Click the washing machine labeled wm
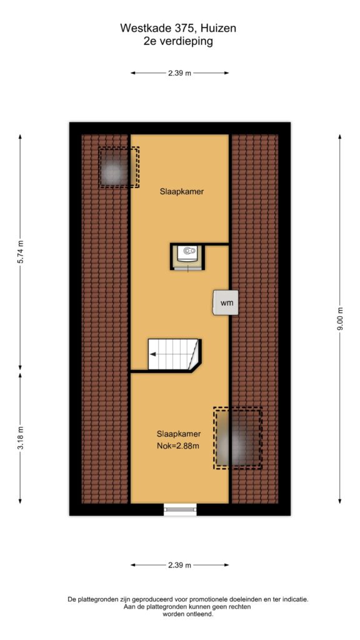[x=225, y=302]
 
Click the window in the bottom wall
[x=180, y=509]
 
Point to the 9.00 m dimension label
[x=339, y=319]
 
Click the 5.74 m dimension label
[x=20, y=251]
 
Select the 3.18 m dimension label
[x=20, y=438]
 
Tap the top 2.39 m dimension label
[x=179, y=73]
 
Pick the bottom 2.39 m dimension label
[x=179, y=565]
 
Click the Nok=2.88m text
[x=178, y=446]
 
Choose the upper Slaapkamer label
[x=182, y=191]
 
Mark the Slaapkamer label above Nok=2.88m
[x=178, y=434]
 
